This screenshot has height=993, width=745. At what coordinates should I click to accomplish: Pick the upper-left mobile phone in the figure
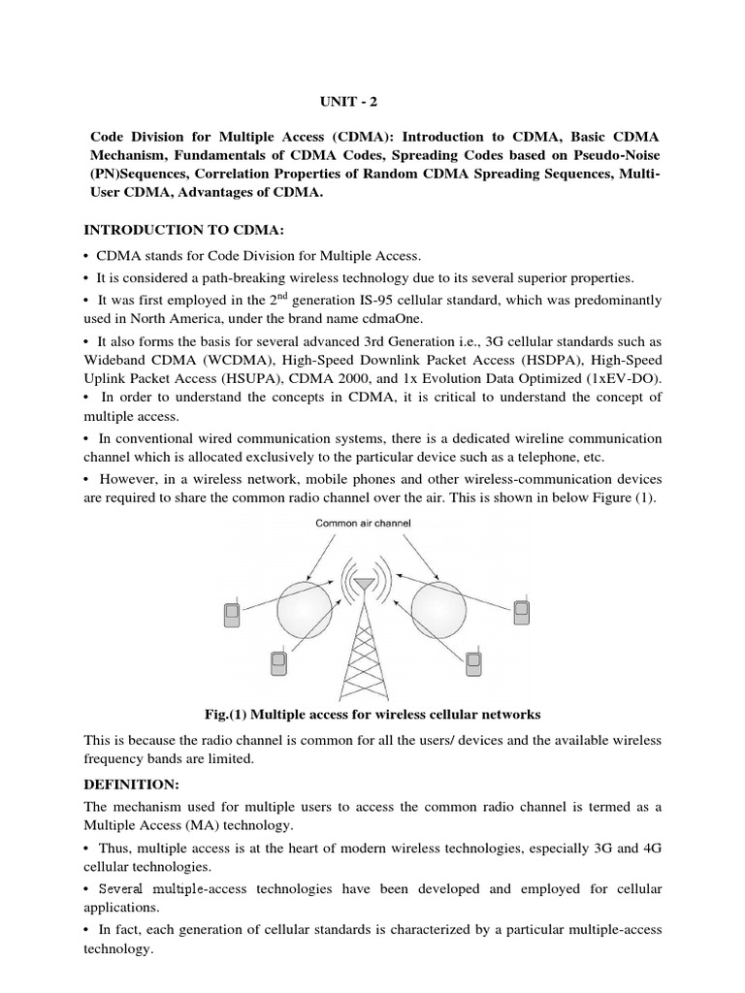pos(232,614)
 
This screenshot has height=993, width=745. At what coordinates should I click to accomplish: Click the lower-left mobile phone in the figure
pos(278,663)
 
